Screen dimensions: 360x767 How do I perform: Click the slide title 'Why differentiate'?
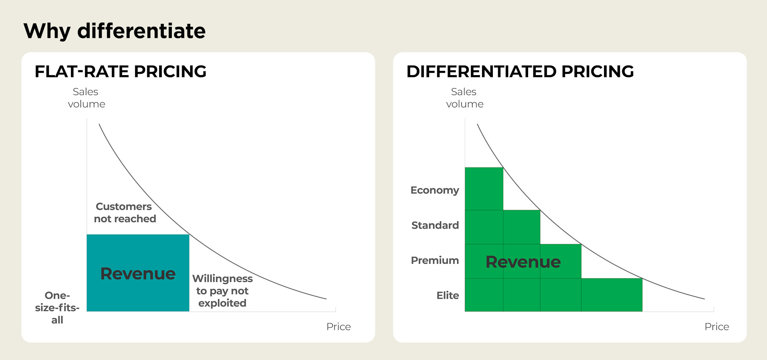pos(114,31)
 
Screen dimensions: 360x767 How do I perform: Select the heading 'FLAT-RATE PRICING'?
pos(120,72)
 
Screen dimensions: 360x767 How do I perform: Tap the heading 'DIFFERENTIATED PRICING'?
pos(520,72)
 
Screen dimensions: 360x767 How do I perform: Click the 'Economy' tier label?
pos(435,190)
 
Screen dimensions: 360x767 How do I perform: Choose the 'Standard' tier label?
pos(435,225)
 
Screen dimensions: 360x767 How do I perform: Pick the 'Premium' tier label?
pos(435,260)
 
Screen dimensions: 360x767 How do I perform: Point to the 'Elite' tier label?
pos(448,295)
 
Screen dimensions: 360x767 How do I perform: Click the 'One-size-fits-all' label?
pos(57,307)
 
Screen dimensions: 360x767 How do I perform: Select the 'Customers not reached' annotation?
pos(125,212)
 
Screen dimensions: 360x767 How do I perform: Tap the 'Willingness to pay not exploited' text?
pos(222,291)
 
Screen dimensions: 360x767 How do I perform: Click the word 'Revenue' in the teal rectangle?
pos(138,274)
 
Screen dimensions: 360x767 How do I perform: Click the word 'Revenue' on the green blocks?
pos(523,262)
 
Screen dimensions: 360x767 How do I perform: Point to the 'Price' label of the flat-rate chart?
pos(338,327)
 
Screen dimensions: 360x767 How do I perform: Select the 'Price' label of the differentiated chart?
pos(716,327)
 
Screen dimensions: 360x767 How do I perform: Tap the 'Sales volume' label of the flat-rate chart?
pos(86,98)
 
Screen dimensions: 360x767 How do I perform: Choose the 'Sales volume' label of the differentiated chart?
pos(464,98)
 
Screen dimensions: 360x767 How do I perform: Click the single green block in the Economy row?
pos(484,189)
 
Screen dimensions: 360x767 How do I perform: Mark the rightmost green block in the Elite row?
pos(612,295)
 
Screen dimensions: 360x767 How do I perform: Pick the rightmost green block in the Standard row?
pos(522,227)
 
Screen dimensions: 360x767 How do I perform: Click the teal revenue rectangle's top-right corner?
pos(189,235)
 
